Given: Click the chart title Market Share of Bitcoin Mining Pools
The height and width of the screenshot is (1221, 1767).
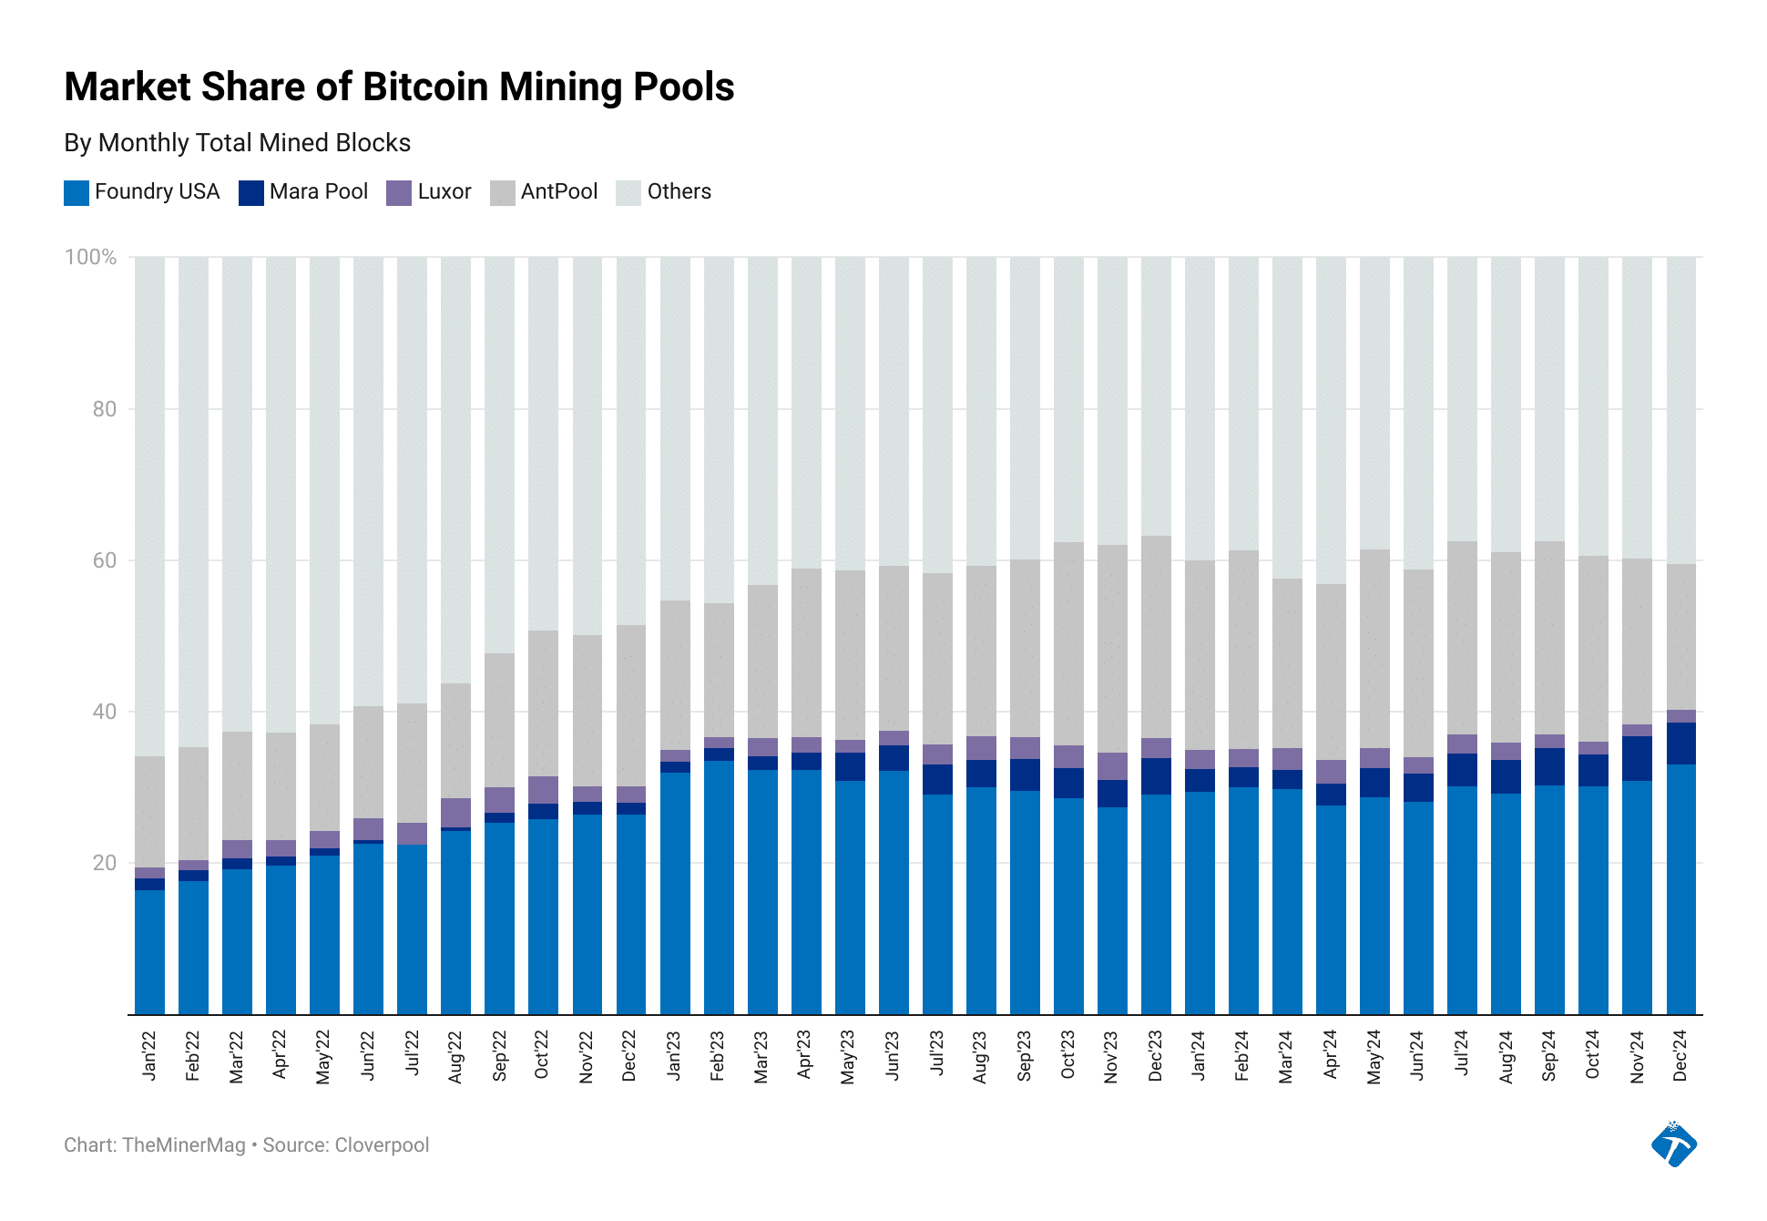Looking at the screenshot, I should tap(399, 87).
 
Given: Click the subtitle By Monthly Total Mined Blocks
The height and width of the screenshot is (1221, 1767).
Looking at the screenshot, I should tap(237, 143).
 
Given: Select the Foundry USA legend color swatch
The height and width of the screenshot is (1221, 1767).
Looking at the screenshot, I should tap(77, 192).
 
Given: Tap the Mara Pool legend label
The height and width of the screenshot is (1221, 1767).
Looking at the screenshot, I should tap(318, 192).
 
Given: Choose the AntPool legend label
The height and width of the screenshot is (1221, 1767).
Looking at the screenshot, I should tap(558, 192).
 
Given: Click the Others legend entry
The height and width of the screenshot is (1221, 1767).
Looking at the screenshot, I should tap(679, 192).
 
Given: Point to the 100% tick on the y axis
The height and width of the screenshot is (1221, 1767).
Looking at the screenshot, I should tap(90, 257).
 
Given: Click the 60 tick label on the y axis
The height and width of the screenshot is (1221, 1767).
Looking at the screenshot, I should tap(105, 560).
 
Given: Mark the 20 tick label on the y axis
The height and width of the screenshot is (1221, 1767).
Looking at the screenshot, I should tap(105, 863).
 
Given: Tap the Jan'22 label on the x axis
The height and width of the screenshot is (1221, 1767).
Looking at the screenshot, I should tap(150, 1056).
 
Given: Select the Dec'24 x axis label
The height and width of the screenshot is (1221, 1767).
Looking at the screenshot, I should tap(1681, 1056).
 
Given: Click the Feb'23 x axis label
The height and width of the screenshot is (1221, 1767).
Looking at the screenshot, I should tap(719, 1056).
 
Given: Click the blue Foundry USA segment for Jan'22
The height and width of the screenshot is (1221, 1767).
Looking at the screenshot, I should tap(150, 952).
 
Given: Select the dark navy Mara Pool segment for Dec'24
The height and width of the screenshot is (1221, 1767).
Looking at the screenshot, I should tap(1681, 744).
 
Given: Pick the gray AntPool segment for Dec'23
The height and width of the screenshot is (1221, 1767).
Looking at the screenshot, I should tap(1156, 638).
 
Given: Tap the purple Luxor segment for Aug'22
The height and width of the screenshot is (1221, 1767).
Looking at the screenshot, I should tap(456, 813).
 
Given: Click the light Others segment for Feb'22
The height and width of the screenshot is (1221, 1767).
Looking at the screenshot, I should tap(193, 501).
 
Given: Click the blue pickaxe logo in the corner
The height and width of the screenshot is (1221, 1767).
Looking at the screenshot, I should tap(1673, 1144).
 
